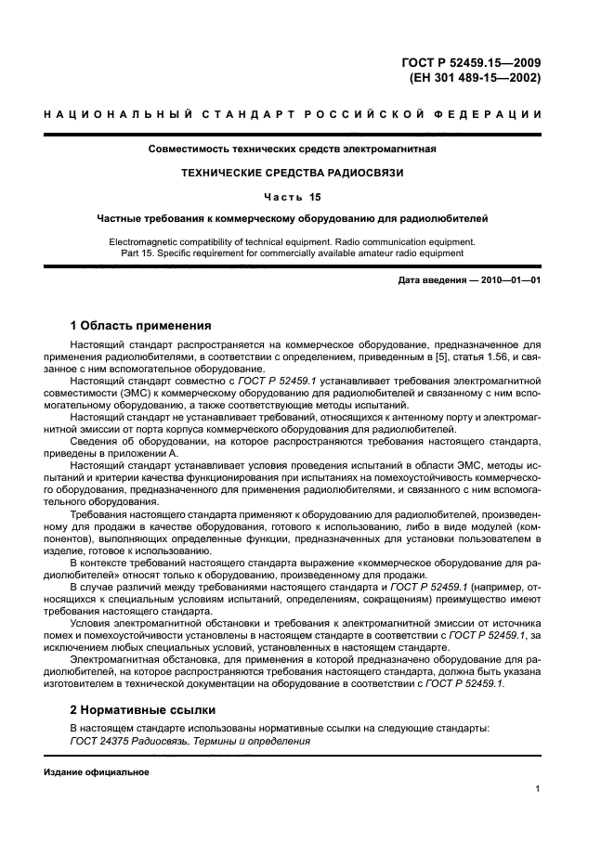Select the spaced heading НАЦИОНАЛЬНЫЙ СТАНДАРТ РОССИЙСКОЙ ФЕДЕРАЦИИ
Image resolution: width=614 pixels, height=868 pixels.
click(307, 114)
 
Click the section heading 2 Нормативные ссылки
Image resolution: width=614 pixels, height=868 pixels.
click(143, 709)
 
